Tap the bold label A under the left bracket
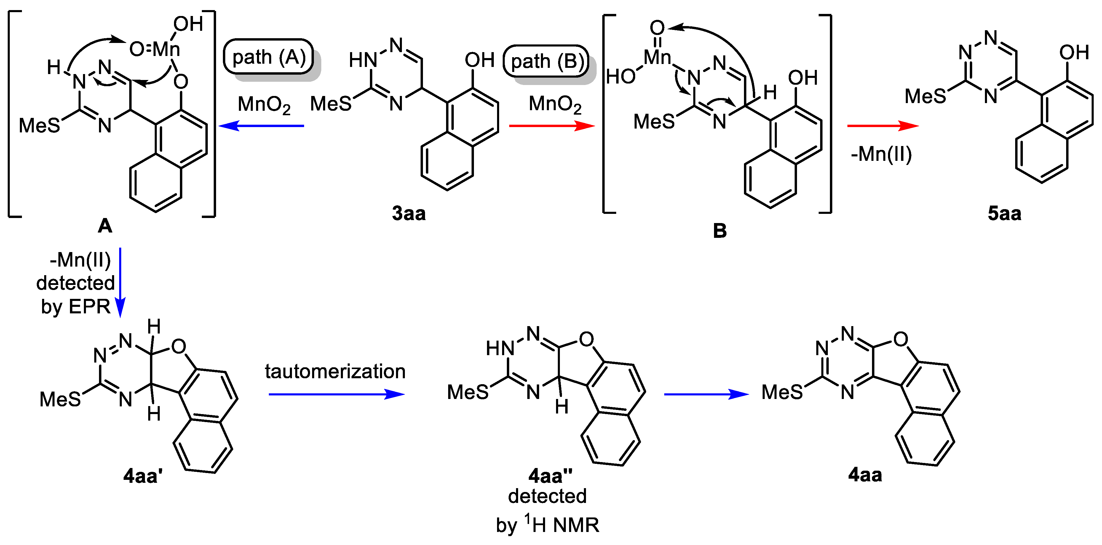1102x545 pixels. (x=105, y=225)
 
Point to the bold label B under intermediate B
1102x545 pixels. (x=720, y=231)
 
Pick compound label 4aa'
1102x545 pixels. (x=143, y=475)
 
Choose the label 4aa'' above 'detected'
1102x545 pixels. (x=550, y=475)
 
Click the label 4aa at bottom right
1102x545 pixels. (x=865, y=475)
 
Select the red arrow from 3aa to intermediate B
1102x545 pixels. (x=552, y=126)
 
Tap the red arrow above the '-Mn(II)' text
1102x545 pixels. (x=883, y=126)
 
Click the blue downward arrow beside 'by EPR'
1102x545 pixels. (x=120, y=282)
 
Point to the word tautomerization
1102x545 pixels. (x=335, y=371)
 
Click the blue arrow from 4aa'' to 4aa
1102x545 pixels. (x=706, y=394)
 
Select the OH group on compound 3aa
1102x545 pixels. (x=480, y=60)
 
